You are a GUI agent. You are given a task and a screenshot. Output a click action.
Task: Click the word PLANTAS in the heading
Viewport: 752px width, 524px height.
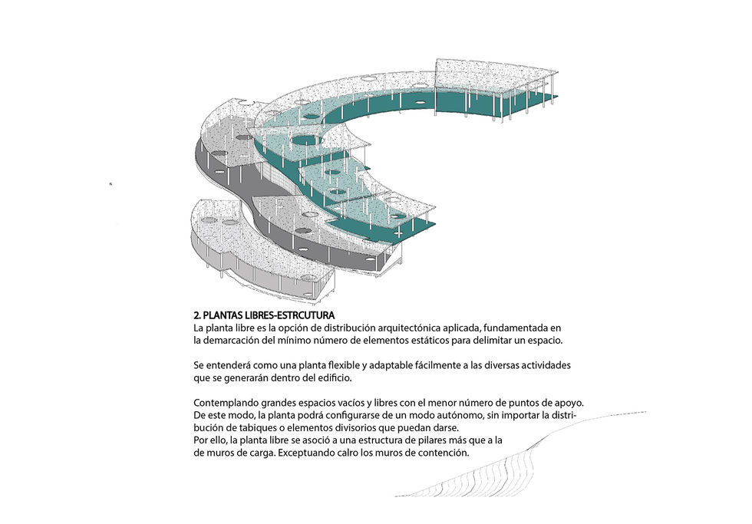(223, 315)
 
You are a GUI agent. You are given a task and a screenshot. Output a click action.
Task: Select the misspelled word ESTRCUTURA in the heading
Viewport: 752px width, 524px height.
(307, 315)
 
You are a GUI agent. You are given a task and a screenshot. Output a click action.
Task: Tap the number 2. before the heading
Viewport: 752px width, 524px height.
(197, 315)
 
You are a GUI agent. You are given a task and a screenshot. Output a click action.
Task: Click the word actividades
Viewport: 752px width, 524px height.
(547, 365)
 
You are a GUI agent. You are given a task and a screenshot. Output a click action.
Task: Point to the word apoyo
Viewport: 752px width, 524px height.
(570, 404)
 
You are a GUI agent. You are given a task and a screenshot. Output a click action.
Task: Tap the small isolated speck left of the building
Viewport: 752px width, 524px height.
(110, 183)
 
